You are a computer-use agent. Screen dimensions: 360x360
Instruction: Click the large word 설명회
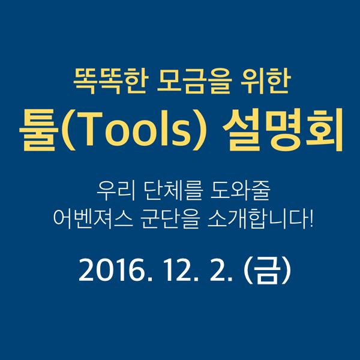pyautogui.click(x=283, y=130)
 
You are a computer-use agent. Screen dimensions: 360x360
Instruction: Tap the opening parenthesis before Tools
pyautogui.click(x=68, y=130)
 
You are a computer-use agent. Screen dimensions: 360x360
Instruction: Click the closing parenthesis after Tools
pyautogui.click(x=200, y=130)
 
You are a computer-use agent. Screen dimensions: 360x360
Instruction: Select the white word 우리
pyautogui.click(x=116, y=191)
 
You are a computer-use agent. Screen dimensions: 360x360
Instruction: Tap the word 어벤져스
pyautogui.click(x=93, y=219)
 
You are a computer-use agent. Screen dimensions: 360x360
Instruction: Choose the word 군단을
pyautogui.click(x=170, y=219)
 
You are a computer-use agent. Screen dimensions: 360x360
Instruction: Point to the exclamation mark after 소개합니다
pyautogui.click(x=311, y=218)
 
